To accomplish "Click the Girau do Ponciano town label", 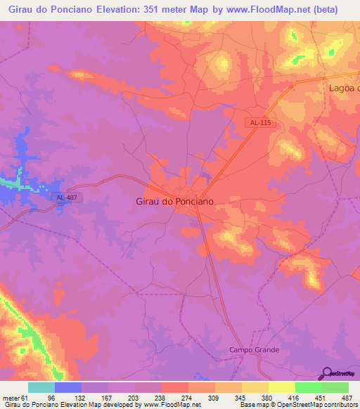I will coord(174,200).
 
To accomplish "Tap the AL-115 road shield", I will coord(260,122).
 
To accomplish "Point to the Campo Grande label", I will coord(255,349).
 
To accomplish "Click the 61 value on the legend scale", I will coord(25,398).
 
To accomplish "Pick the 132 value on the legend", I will coord(81,398).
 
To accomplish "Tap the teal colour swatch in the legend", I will coord(41,387).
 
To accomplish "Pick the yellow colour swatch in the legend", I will coord(282,387).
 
